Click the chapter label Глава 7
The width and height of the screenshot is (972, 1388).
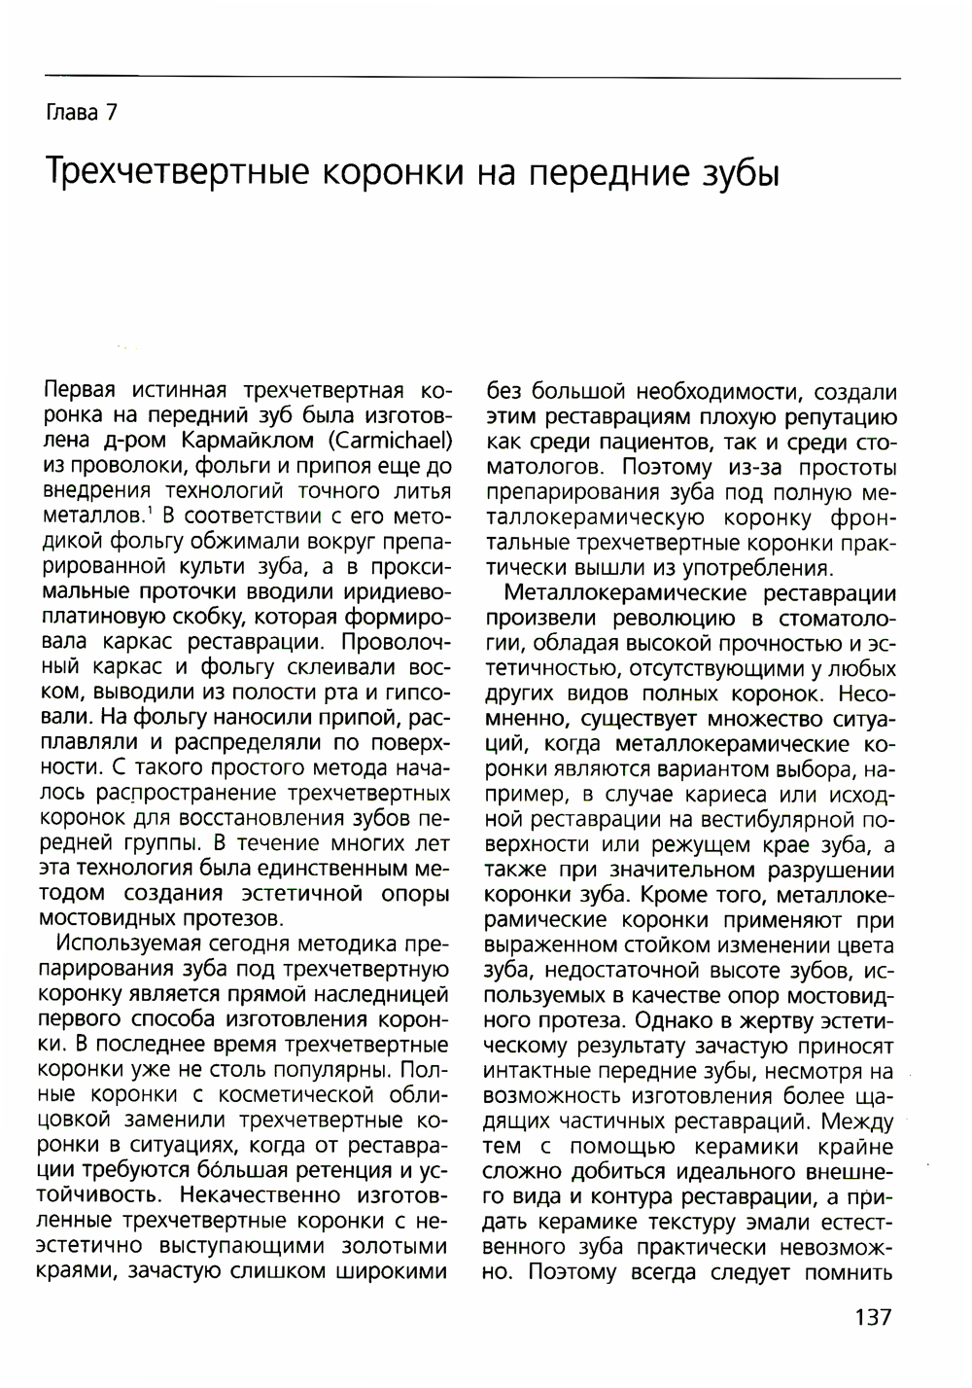[x=82, y=113]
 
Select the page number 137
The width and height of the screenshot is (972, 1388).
[x=872, y=1318]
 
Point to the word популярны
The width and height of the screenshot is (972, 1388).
[x=336, y=1070]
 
